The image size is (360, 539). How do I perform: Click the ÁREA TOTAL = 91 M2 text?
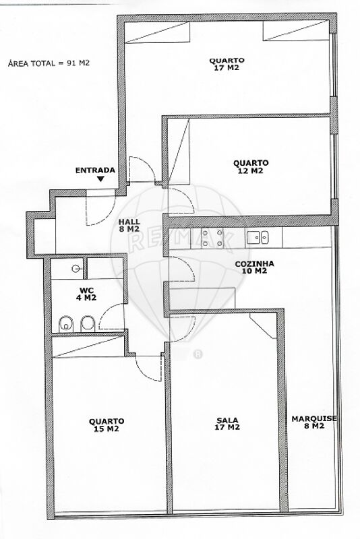click(49, 63)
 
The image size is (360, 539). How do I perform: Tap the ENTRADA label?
click(95, 170)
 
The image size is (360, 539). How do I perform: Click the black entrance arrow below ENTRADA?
click(100, 179)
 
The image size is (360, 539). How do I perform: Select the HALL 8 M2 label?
click(129, 225)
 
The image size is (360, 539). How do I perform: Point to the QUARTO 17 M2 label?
click(227, 64)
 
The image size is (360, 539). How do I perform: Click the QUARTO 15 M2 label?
click(107, 425)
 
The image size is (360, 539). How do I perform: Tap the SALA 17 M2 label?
click(227, 424)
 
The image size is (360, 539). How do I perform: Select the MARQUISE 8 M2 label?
click(314, 422)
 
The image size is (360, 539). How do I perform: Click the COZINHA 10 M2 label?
click(254, 267)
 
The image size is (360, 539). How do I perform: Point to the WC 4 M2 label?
click(86, 294)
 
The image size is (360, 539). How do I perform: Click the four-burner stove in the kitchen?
click(208, 238)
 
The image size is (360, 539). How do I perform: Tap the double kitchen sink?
click(258, 237)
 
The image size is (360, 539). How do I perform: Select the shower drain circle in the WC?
click(76, 268)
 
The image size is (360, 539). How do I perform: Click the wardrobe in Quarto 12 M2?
click(179, 152)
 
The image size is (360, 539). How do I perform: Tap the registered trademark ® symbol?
click(198, 354)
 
